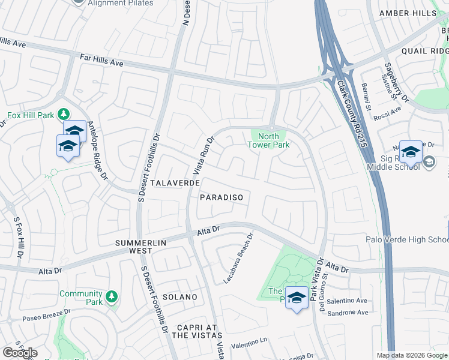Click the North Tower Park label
(274, 140)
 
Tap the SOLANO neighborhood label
(179, 297)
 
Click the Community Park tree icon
(110, 296)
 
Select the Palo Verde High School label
(407, 240)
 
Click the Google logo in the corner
(20, 353)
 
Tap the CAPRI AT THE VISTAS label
(197, 331)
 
